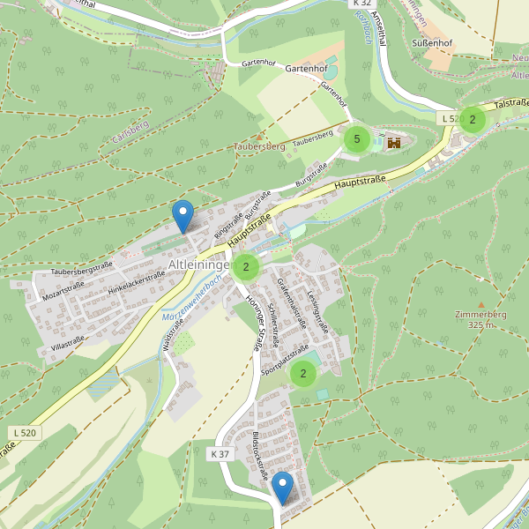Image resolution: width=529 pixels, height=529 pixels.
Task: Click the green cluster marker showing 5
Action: tap(356, 138)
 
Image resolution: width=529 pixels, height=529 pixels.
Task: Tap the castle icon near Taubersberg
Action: tap(393, 141)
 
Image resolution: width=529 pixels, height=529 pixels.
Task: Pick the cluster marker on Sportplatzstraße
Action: tap(303, 374)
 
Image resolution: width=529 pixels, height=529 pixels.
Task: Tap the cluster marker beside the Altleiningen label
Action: tap(246, 267)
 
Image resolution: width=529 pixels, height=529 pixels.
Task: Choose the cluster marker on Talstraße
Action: tap(473, 119)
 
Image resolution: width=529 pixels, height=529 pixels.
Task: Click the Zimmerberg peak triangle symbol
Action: tap(481, 304)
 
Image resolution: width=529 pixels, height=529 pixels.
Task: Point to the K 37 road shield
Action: tap(220, 453)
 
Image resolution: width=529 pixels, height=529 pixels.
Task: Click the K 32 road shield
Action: tap(362, 4)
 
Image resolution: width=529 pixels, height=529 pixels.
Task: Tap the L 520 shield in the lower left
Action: tap(26, 432)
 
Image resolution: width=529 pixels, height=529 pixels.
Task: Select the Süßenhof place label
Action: tap(432, 41)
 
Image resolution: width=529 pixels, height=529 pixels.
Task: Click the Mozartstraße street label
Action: tap(63, 287)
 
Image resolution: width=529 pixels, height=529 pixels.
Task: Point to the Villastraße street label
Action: tap(67, 339)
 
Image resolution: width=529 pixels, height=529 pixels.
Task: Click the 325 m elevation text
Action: tap(481, 325)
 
